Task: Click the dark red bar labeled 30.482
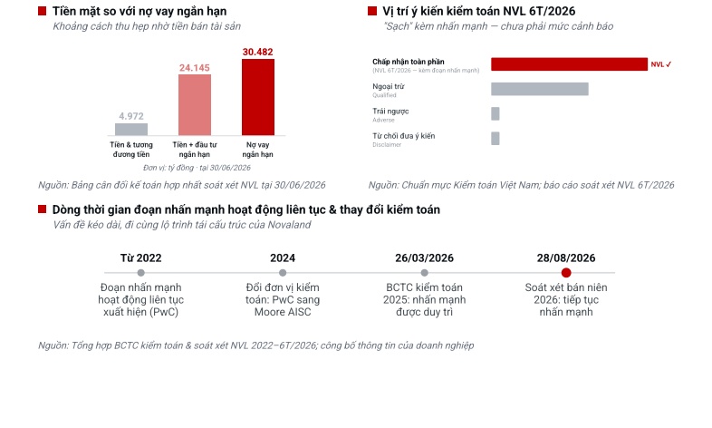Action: (x=258, y=97)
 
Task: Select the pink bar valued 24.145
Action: (x=195, y=105)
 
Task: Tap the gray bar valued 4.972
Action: (x=131, y=130)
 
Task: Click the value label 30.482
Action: (x=258, y=52)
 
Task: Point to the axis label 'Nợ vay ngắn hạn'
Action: (x=258, y=150)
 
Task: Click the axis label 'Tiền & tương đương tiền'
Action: (x=131, y=150)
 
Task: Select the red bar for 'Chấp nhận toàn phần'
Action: (x=570, y=64)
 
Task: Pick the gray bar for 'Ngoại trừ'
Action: (x=540, y=89)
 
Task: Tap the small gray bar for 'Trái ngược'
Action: (x=496, y=113)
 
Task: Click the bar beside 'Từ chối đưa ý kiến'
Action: (x=496, y=139)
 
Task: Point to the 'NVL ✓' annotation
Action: (x=661, y=64)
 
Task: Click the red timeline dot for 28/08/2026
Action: (x=566, y=273)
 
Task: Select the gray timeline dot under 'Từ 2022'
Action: (x=140, y=273)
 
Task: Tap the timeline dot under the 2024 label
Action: (x=283, y=273)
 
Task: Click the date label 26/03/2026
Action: (x=424, y=258)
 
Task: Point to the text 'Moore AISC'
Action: (x=283, y=312)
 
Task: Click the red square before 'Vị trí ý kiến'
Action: (x=372, y=11)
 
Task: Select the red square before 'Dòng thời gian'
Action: (x=43, y=209)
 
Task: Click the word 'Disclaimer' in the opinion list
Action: (x=387, y=145)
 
